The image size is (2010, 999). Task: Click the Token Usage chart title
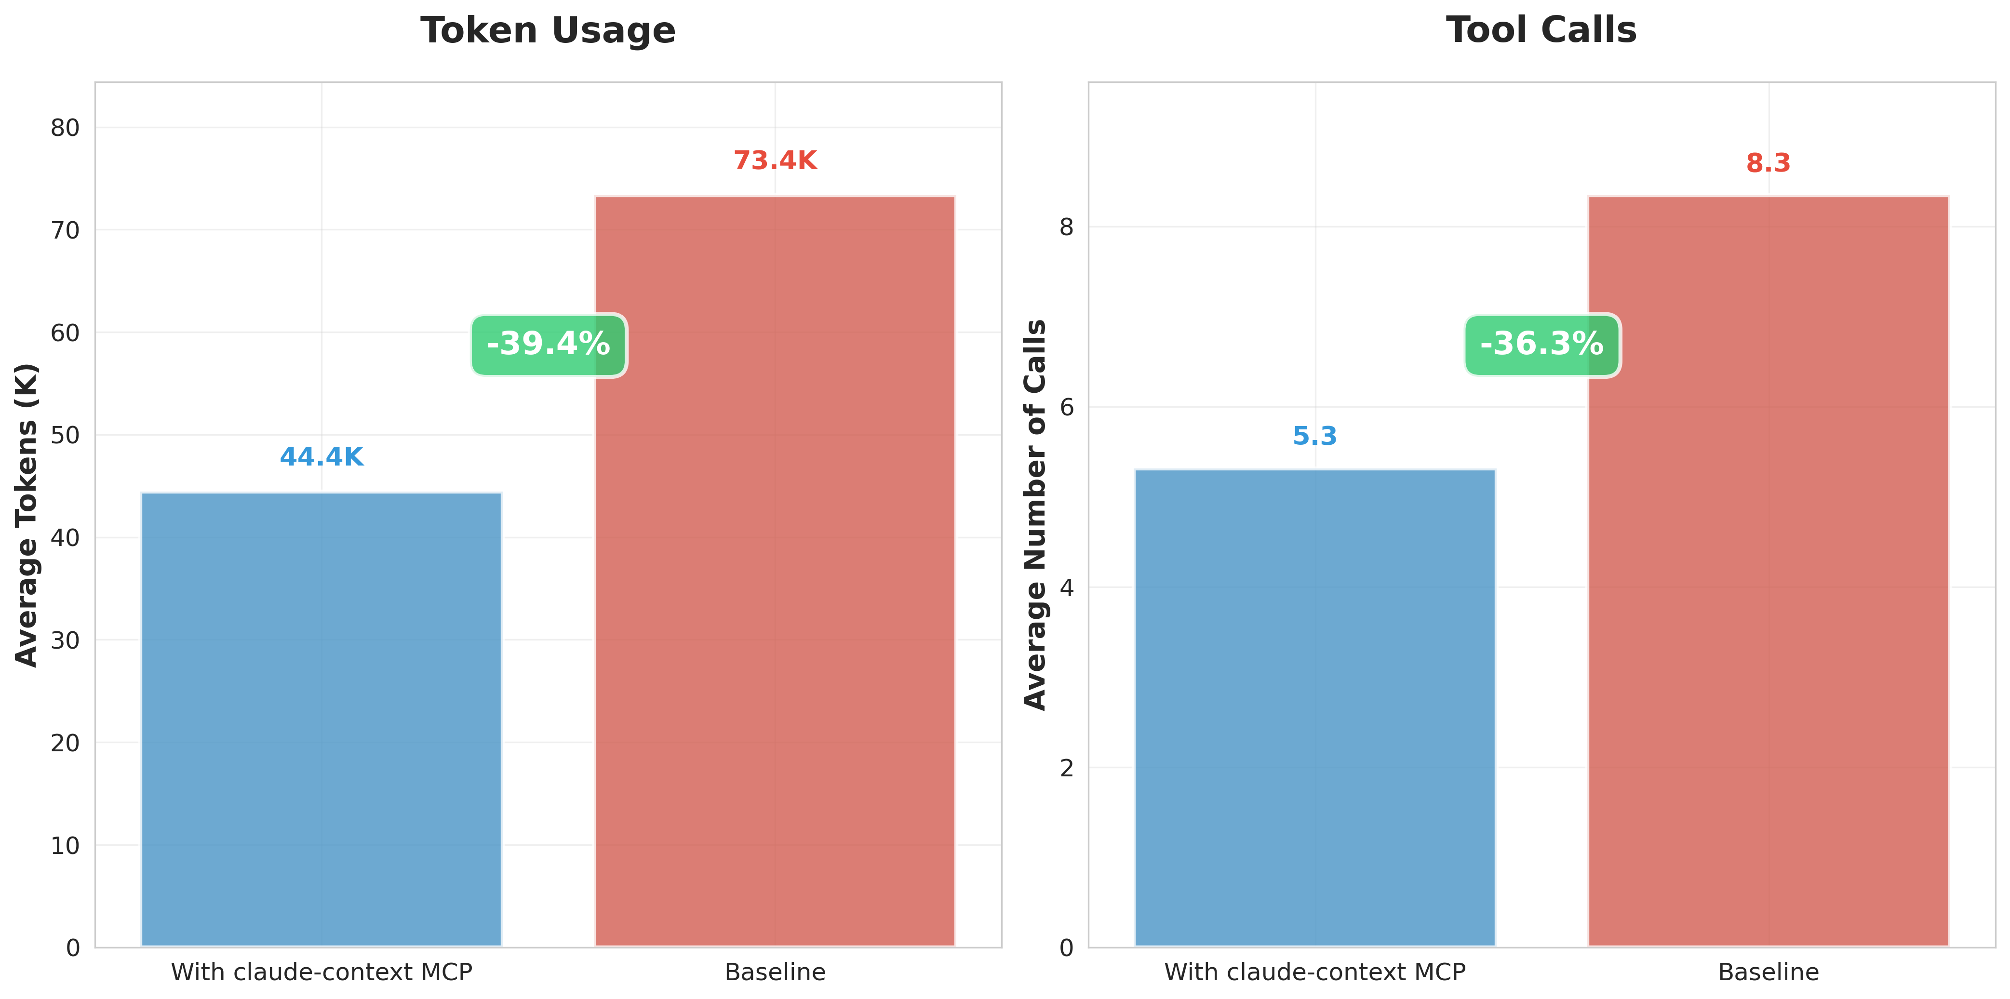pos(548,31)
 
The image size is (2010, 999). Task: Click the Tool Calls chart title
pos(1541,31)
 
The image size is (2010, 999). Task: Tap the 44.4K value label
pos(322,457)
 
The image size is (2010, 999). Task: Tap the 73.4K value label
pos(775,160)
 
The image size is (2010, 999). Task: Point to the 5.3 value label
pos(1315,436)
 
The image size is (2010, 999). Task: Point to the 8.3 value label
pos(1768,163)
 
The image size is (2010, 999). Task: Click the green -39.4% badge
pos(549,345)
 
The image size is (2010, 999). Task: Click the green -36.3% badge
pos(1542,345)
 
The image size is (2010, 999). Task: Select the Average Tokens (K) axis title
pos(27,515)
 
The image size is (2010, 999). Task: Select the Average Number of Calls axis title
pos(1035,515)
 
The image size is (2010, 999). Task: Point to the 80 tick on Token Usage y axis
pos(66,128)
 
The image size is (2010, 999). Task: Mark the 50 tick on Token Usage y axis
pos(66,435)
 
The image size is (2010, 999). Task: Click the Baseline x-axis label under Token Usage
pos(775,972)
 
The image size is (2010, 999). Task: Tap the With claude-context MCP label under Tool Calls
pos(1315,972)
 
